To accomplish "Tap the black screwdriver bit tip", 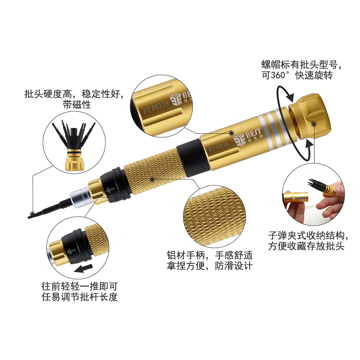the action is pos(31,216).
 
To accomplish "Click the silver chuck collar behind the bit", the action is pos(80,196).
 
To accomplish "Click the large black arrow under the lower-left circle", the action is pos(84,268).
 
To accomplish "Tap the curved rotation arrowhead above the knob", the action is pos(290,97).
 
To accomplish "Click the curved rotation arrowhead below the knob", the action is pos(308,145).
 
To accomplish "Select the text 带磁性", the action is pos(77,105).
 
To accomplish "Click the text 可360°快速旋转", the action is pos(297,75).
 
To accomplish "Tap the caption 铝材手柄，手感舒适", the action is pos(210,255).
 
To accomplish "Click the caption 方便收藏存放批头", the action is pos(306,246).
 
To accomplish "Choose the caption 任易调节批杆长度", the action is pos(80,297).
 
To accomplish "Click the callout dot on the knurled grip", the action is pos(152,180).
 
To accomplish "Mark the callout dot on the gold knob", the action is pos(313,124).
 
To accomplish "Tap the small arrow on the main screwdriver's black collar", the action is pos(110,190).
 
